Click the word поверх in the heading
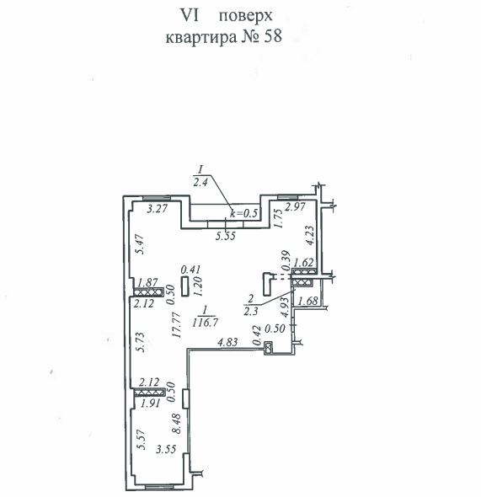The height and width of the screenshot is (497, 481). click(x=246, y=16)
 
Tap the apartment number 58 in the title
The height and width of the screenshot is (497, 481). click(x=273, y=36)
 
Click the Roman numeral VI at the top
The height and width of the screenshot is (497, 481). click(x=190, y=15)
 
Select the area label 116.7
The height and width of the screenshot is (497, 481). click(x=205, y=323)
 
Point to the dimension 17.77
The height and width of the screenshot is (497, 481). click(x=176, y=325)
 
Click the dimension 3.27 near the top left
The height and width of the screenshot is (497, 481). click(x=158, y=209)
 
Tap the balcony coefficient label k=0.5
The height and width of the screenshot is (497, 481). click(x=244, y=213)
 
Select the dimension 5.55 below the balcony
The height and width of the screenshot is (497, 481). click(x=226, y=236)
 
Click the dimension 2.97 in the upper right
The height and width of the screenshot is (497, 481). click(x=296, y=206)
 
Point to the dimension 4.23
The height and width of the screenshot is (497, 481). click(x=310, y=235)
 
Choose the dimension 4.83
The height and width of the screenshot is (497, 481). click(x=227, y=342)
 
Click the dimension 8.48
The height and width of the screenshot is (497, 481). click(x=176, y=423)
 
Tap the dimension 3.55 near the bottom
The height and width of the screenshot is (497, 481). click(x=166, y=449)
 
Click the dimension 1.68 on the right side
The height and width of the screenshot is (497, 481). click(x=307, y=301)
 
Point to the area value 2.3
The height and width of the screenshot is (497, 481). click(x=251, y=312)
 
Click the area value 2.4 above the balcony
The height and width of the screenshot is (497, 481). click(x=200, y=183)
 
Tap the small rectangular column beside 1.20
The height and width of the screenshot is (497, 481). click(x=185, y=286)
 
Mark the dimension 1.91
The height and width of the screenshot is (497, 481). click(x=151, y=403)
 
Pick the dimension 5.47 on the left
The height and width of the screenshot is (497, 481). click(x=140, y=244)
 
